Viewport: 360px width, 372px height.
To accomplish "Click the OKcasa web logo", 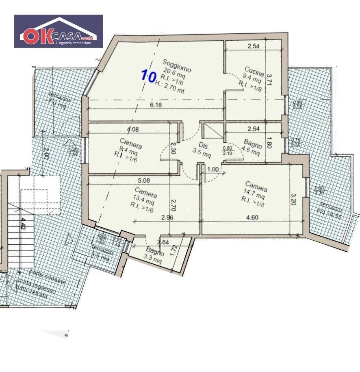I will click(59, 31).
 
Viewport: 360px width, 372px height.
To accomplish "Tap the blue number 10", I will click(148, 75).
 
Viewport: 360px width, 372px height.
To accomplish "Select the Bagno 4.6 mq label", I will click(252, 147).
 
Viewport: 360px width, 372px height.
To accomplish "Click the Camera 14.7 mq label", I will click(256, 194).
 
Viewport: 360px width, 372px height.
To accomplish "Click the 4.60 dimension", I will click(252, 217).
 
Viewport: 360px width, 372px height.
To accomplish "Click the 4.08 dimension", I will click(132, 130).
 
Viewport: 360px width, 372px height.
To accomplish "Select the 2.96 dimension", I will click(168, 218).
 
